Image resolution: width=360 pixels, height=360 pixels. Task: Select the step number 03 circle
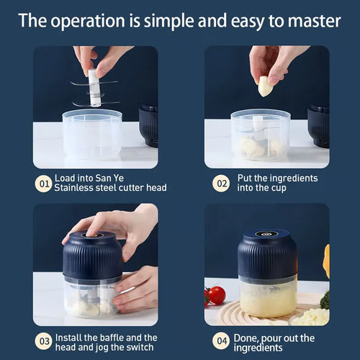(x=44, y=343)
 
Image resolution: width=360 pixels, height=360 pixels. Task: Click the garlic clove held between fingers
(x=266, y=86)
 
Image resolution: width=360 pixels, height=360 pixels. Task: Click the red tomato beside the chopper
(x=217, y=295)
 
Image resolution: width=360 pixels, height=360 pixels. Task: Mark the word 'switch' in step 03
(x=142, y=348)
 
